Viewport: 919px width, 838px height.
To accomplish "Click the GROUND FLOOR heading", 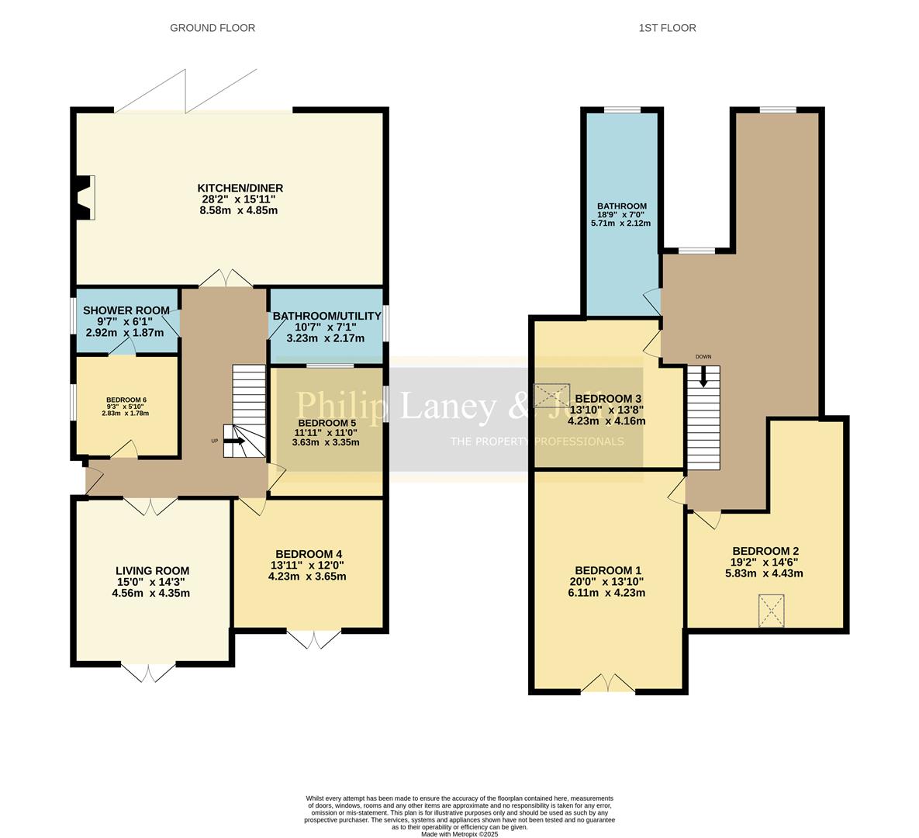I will pyautogui.click(x=212, y=28).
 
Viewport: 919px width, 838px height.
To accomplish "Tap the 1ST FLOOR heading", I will pyautogui.click(x=667, y=28).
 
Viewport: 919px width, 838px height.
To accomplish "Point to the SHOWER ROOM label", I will pyautogui.click(x=126, y=310).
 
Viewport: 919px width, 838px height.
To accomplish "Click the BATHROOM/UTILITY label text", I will pyautogui.click(x=326, y=316).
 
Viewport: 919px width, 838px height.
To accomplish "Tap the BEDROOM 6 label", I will pyautogui.click(x=126, y=400).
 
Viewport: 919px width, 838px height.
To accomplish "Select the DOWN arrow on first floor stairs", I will pyautogui.click(x=703, y=375).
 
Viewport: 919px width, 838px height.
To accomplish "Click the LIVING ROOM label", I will pyautogui.click(x=151, y=570).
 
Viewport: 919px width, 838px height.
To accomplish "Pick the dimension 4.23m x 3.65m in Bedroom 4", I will pyautogui.click(x=306, y=577).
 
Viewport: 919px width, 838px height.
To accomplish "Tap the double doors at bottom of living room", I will pyautogui.click(x=149, y=672).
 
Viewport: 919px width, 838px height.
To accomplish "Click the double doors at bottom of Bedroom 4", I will pyautogui.click(x=314, y=639).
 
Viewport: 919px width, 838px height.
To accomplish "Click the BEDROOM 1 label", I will pyautogui.click(x=608, y=570).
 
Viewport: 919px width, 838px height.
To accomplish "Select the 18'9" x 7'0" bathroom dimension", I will pyautogui.click(x=621, y=215).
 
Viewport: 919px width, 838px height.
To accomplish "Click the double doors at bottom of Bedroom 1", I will pyautogui.click(x=608, y=683).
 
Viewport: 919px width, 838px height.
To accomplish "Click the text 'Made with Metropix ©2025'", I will pyautogui.click(x=459, y=834).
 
